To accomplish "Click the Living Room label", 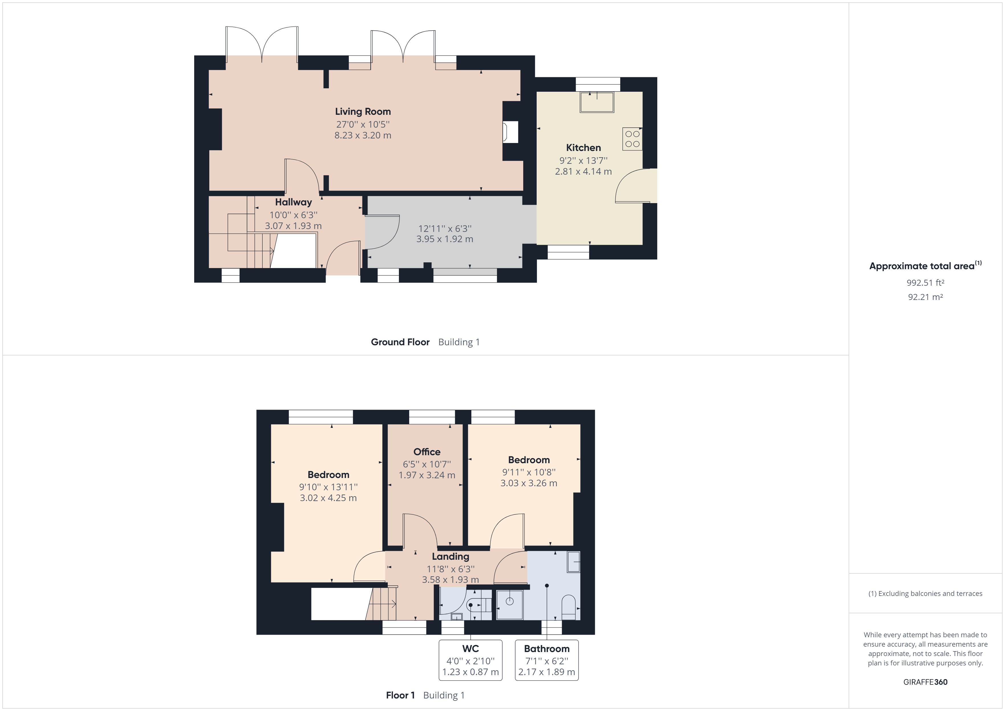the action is (363, 112).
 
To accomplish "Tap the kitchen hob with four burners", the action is (632, 139).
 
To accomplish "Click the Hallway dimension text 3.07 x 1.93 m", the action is (293, 226).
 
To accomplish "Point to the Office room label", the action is (427, 452).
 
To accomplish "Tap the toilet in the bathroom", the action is (568, 607).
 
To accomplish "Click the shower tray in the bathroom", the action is (510, 605).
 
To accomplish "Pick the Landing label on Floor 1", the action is (451, 556).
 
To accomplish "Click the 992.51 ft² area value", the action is (925, 283).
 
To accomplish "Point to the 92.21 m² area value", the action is (925, 297).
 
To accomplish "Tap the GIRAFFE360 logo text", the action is (925, 682).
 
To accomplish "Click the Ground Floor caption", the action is (400, 342).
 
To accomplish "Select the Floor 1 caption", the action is (400, 695).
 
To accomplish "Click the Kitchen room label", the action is (583, 148).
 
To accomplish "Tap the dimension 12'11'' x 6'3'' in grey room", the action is (445, 228).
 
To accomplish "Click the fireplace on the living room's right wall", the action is (510, 132).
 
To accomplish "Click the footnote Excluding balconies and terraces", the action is (925, 594).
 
